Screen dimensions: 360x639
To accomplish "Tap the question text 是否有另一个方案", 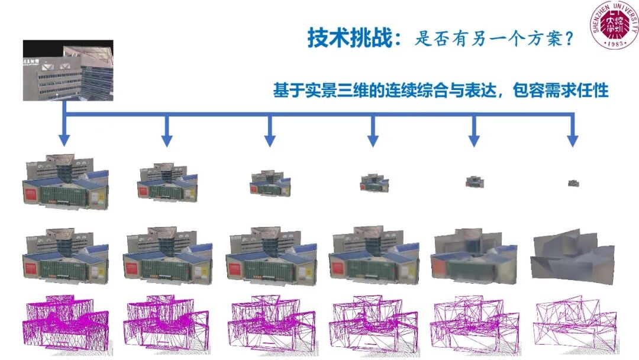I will (x=493, y=40).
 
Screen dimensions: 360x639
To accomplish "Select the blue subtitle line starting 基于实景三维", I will (x=440, y=91).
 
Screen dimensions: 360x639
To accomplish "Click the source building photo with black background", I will (x=67, y=70).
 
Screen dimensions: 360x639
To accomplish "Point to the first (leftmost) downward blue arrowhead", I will (x=64, y=140).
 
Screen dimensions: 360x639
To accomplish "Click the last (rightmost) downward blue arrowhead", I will (x=572, y=140).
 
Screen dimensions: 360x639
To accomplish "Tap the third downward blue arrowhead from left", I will (x=270, y=140).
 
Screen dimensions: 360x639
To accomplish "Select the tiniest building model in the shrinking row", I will (x=573, y=184).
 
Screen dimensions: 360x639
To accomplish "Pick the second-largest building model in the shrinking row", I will (x=166, y=181).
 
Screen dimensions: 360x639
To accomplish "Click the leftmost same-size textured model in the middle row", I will (x=65, y=255).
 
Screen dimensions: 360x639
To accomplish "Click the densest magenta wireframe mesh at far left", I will (x=65, y=323).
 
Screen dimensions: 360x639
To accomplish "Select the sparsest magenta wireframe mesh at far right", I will (x=572, y=323).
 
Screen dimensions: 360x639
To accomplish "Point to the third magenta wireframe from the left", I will (x=270, y=323).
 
